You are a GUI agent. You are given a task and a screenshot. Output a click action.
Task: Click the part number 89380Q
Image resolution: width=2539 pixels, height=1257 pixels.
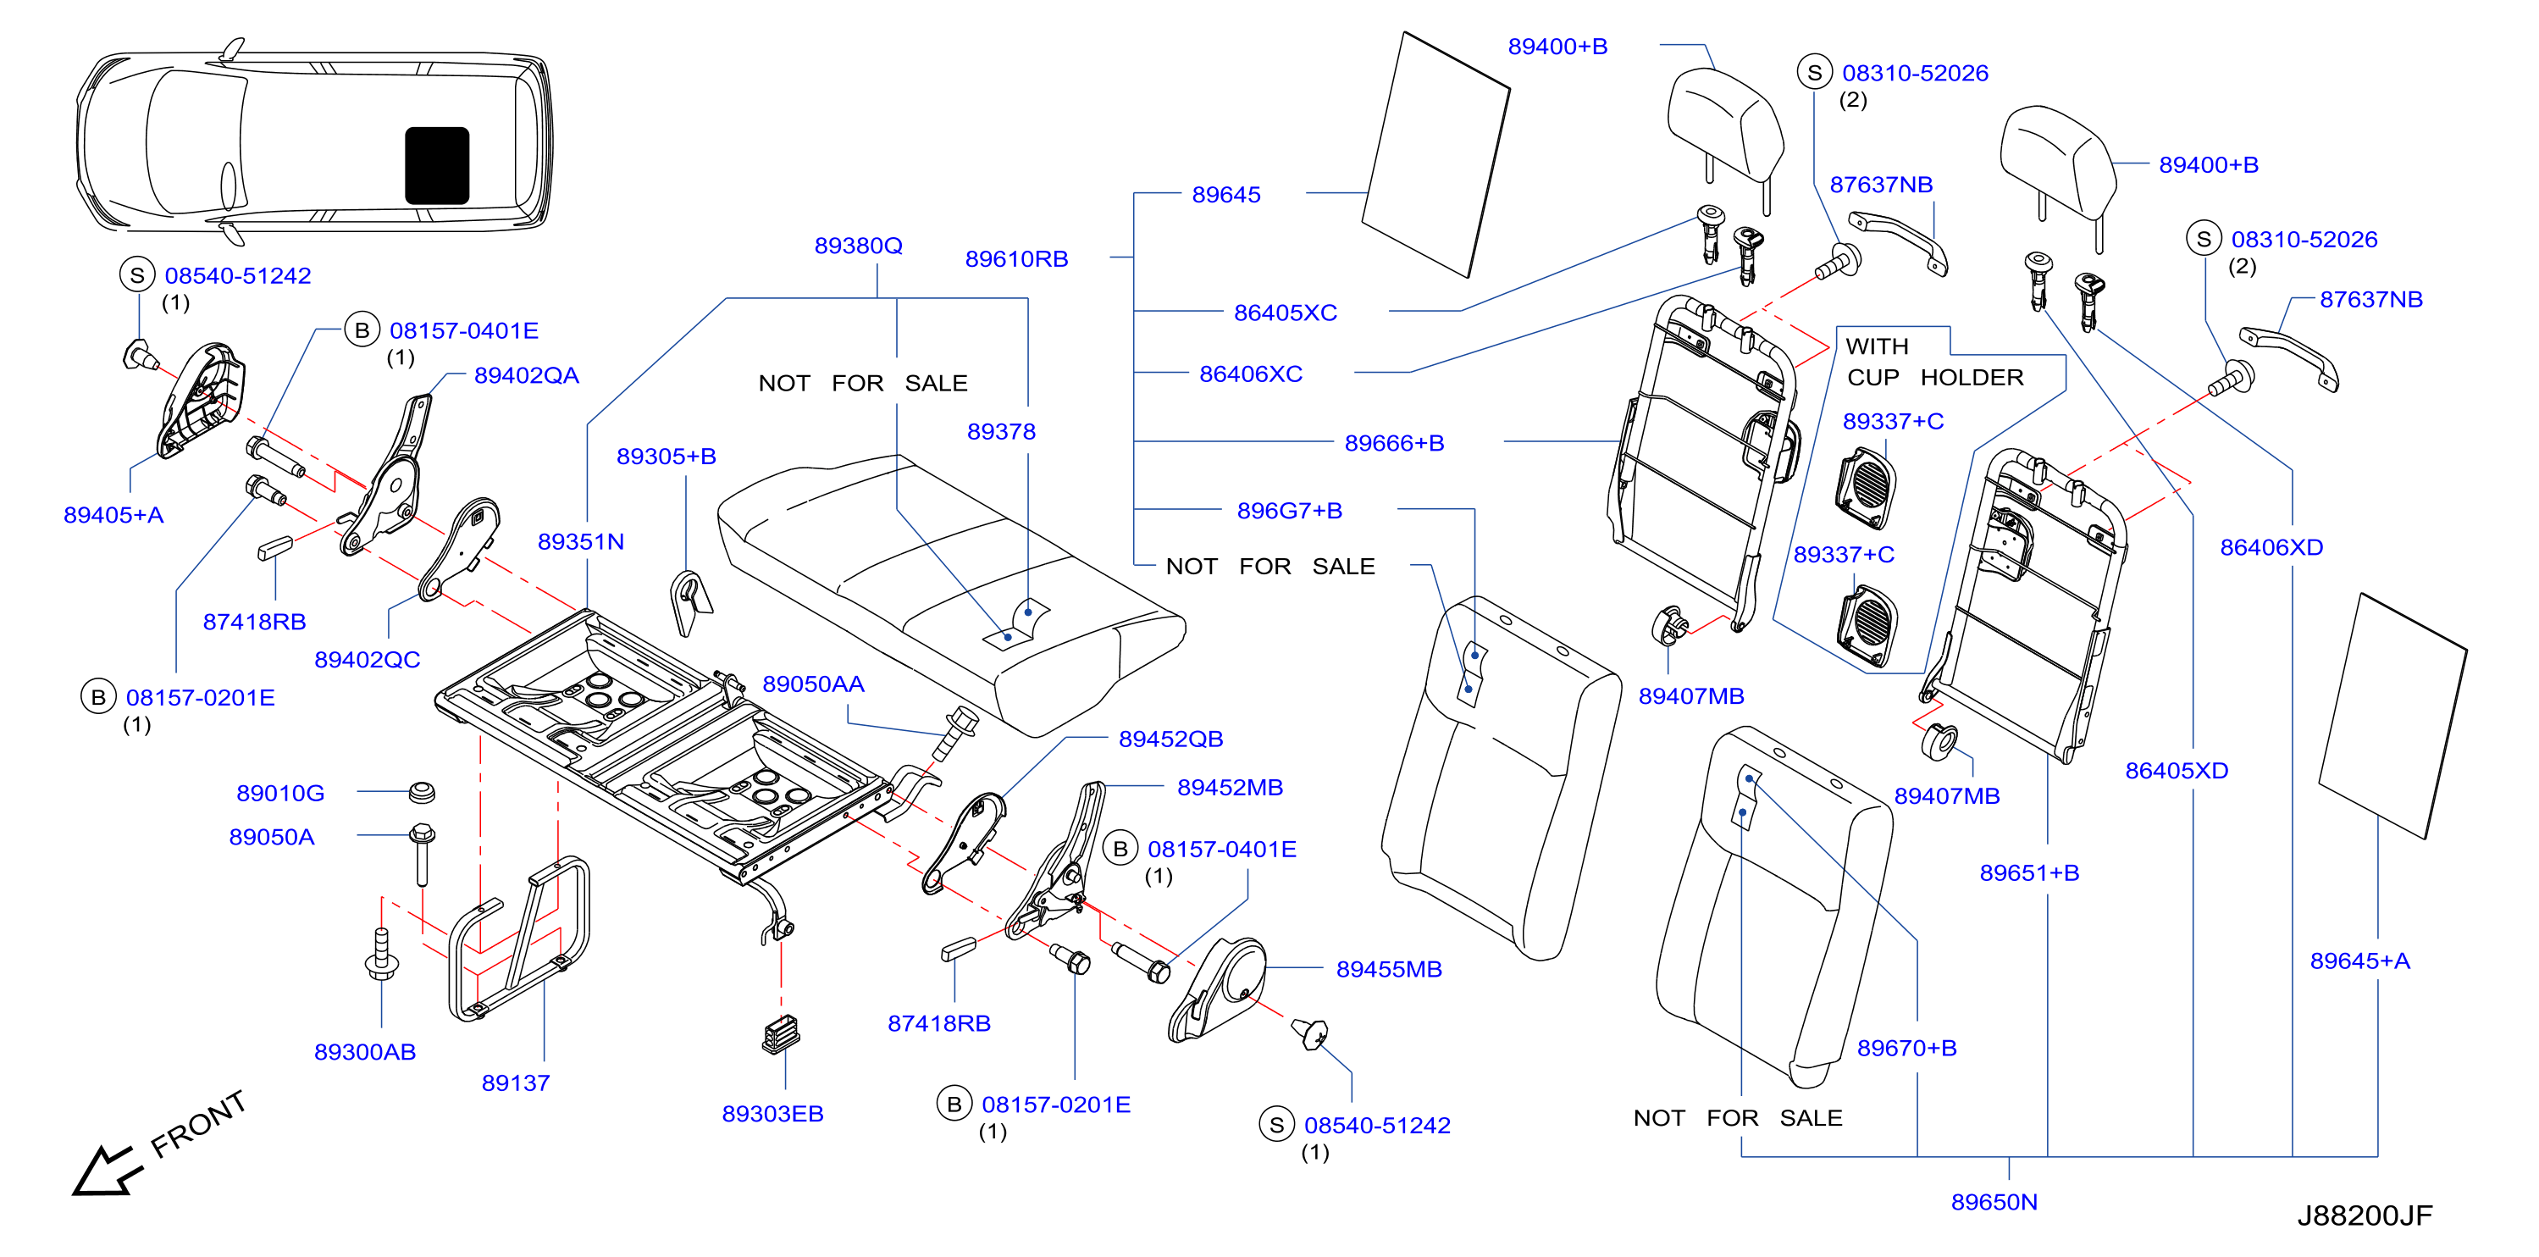tap(858, 246)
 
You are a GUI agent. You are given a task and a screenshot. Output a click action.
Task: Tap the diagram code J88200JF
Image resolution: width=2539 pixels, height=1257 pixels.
tap(2364, 1215)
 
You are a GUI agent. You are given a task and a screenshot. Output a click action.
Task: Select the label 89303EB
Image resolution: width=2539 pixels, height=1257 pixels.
tap(772, 1113)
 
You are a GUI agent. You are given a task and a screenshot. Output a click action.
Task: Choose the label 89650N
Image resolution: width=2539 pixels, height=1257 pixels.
tap(1993, 1202)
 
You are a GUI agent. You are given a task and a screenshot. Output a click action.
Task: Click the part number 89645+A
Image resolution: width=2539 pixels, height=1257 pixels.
tap(2359, 961)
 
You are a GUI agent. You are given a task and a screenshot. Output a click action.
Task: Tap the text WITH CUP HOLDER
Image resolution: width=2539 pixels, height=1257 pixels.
tap(1933, 362)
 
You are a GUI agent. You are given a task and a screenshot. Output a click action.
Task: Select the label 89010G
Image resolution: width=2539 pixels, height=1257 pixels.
tap(280, 793)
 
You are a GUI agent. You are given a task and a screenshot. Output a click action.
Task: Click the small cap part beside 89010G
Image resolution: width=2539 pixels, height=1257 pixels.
tap(422, 792)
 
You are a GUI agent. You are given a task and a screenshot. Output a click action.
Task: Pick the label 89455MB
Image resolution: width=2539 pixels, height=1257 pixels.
tap(1388, 969)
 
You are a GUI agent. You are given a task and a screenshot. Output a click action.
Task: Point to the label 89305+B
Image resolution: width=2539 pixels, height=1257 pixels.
tap(666, 457)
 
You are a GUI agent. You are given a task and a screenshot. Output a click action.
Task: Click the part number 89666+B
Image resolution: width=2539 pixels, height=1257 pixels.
tap(1394, 443)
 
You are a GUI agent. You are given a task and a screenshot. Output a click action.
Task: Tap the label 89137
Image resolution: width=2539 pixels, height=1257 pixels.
tap(515, 1083)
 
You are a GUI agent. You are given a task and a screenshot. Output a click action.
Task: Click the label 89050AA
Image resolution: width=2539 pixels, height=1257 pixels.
tap(812, 684)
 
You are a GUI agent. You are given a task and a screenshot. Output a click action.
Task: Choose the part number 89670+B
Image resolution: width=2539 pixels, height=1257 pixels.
tap(1906, 1048)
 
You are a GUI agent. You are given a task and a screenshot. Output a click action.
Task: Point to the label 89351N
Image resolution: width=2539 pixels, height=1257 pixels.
tap(579, 541)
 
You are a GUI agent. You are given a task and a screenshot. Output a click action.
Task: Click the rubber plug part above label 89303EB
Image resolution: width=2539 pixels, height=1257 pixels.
tap(781, 1034)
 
